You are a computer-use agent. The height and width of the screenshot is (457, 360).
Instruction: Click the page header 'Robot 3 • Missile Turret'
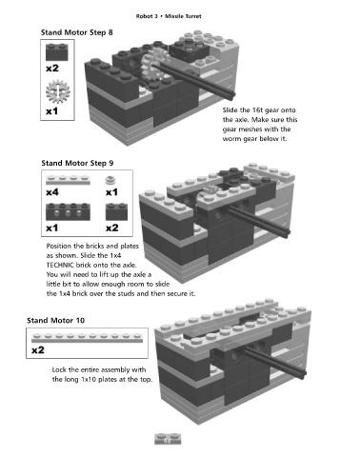point(169,16)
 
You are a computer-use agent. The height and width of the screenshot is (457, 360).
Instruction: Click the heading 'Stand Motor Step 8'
point(77,32)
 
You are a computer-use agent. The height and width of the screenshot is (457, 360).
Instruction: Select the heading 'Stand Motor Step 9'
point(77,163)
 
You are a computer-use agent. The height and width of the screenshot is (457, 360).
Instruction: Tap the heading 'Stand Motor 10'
point(56,320)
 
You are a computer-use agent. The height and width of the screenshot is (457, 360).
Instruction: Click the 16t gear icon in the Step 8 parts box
point(58,91)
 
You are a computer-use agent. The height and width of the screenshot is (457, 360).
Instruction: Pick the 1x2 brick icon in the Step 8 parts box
point(57,51)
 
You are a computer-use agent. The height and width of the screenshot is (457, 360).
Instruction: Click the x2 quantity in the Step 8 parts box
point(52,69)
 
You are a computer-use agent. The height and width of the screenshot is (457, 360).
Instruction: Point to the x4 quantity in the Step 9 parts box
point(52,192)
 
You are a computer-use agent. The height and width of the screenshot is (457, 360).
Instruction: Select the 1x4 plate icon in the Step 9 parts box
point(68,180)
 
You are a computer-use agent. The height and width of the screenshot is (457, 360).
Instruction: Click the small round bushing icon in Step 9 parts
point(110,180)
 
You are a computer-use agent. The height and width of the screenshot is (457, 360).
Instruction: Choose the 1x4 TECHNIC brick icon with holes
point(68,211)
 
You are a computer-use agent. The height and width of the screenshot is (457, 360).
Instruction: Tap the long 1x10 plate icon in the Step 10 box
point(87,338)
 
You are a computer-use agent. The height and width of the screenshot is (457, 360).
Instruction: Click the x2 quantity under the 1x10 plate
point(38,350)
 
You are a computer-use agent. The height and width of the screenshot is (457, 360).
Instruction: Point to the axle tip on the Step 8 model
point(232,94)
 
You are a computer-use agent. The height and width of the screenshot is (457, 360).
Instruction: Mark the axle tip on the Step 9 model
point(287,232)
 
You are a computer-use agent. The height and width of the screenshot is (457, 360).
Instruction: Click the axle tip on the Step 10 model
point(303,374)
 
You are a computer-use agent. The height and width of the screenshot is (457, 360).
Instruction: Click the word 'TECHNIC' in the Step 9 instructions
point(60,265)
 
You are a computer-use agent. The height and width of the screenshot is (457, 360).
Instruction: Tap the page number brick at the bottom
point(168,439)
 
